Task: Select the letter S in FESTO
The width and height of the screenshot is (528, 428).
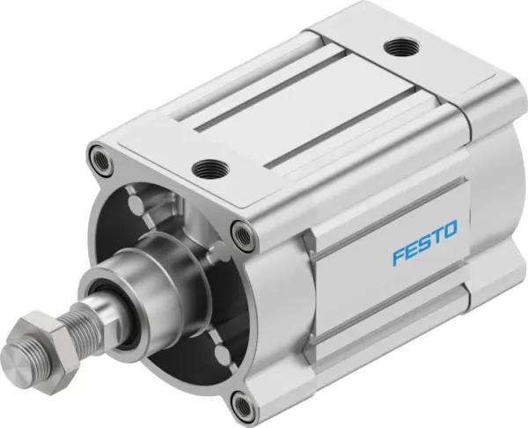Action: click(424, 237)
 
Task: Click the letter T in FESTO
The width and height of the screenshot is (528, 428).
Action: click(436, 232)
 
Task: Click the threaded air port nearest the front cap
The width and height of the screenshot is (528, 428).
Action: click(209, 164)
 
